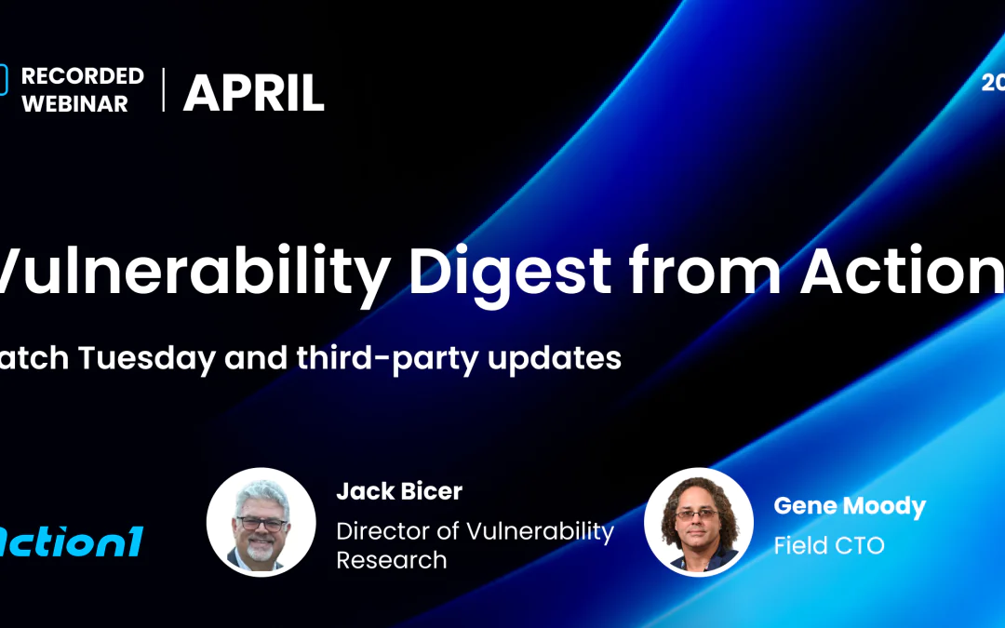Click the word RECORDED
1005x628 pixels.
coord(83,76)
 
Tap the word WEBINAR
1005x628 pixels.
coord(74,103)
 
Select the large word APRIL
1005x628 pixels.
coord(253,93)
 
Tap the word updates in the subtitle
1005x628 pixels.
coord(563,357)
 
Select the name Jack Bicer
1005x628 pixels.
coord(399,491)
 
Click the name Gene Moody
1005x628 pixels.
coord(850,506)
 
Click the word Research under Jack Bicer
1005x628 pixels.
coord(392,560)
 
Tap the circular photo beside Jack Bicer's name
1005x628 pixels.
coord(261,522)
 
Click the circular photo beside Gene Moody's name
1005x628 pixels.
coord(699,522)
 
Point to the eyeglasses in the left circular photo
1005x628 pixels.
coord(261,523)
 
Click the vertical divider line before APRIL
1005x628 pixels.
coord(164,90)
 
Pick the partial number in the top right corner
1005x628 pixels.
coord(993,83)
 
